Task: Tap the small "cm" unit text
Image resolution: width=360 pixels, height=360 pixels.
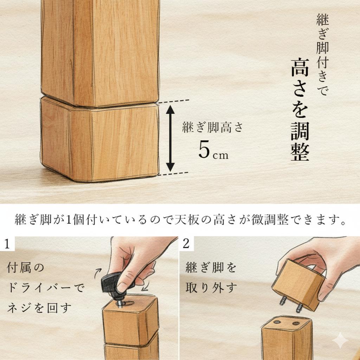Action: [220, 155]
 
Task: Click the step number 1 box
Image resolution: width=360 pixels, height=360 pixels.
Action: [7, 243]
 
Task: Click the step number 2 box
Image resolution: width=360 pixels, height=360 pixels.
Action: [186, 243]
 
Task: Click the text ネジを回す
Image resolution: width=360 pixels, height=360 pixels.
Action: [39, 308]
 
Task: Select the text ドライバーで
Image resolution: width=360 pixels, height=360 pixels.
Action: [46, 289]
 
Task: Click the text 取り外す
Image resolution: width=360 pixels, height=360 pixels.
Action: [211, 288]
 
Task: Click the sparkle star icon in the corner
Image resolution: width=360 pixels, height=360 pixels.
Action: [340, 341]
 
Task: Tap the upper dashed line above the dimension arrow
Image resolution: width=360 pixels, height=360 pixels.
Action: [174, 102]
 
